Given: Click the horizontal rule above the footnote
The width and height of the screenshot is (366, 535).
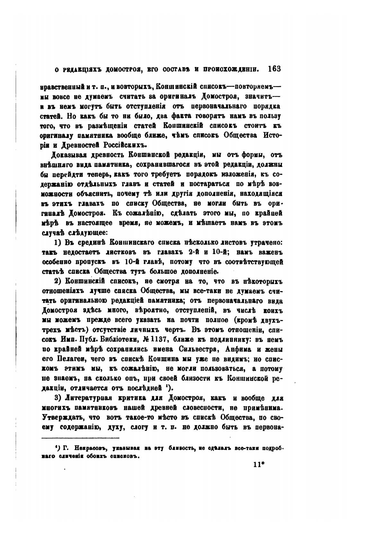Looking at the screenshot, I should point(81,438).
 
